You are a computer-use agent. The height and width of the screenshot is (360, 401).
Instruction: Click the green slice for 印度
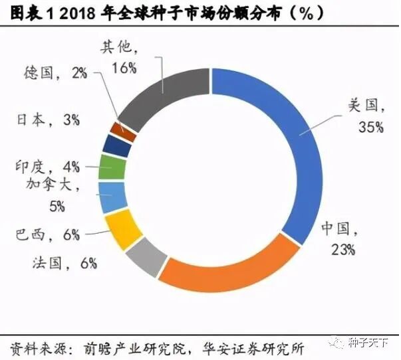click(x=112, y=167)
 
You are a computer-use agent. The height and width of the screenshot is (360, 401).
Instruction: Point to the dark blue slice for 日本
click(x=118, y=145)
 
